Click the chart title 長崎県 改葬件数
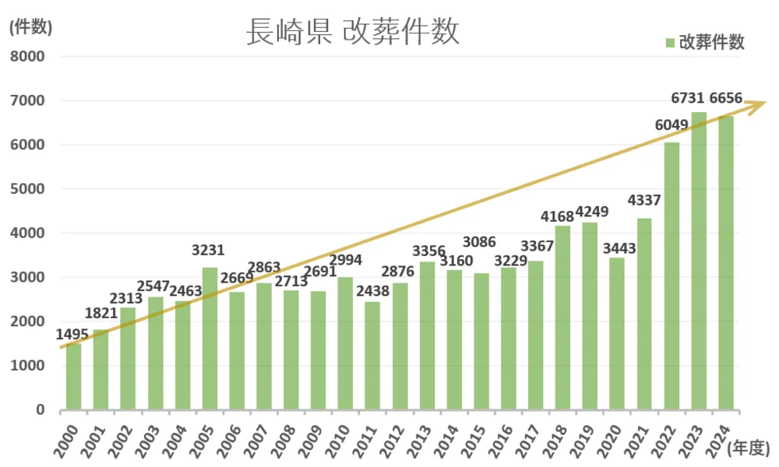[x=353, y=33]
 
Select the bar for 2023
[x=699, y=261]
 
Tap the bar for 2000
[x=73, y=377]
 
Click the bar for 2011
[x=372, y=356]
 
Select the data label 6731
[x=688, y=98]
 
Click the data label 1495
[x=73, y=334]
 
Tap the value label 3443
[x=619, y=249]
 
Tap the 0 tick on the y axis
[x=41, y=410]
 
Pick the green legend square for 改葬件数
[x=670, y=43]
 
